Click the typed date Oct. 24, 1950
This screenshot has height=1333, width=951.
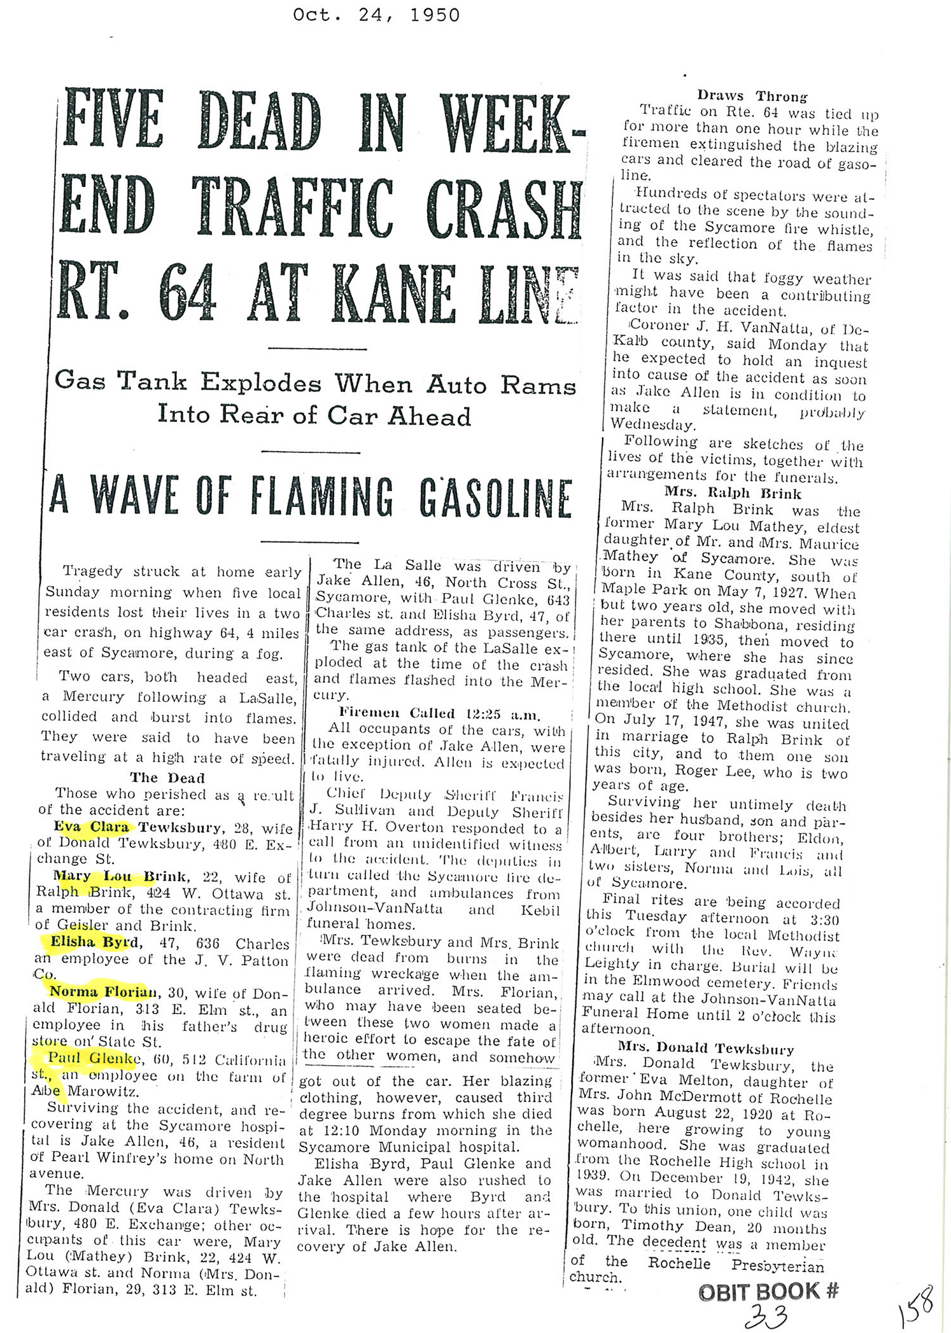376,15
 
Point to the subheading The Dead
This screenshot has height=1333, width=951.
167,778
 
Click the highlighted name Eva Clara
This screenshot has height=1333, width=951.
93,827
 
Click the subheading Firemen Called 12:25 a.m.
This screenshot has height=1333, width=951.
437,713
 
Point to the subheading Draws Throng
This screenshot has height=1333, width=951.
752,96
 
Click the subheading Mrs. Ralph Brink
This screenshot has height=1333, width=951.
733,492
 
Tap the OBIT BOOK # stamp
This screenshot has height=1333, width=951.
768,1291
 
